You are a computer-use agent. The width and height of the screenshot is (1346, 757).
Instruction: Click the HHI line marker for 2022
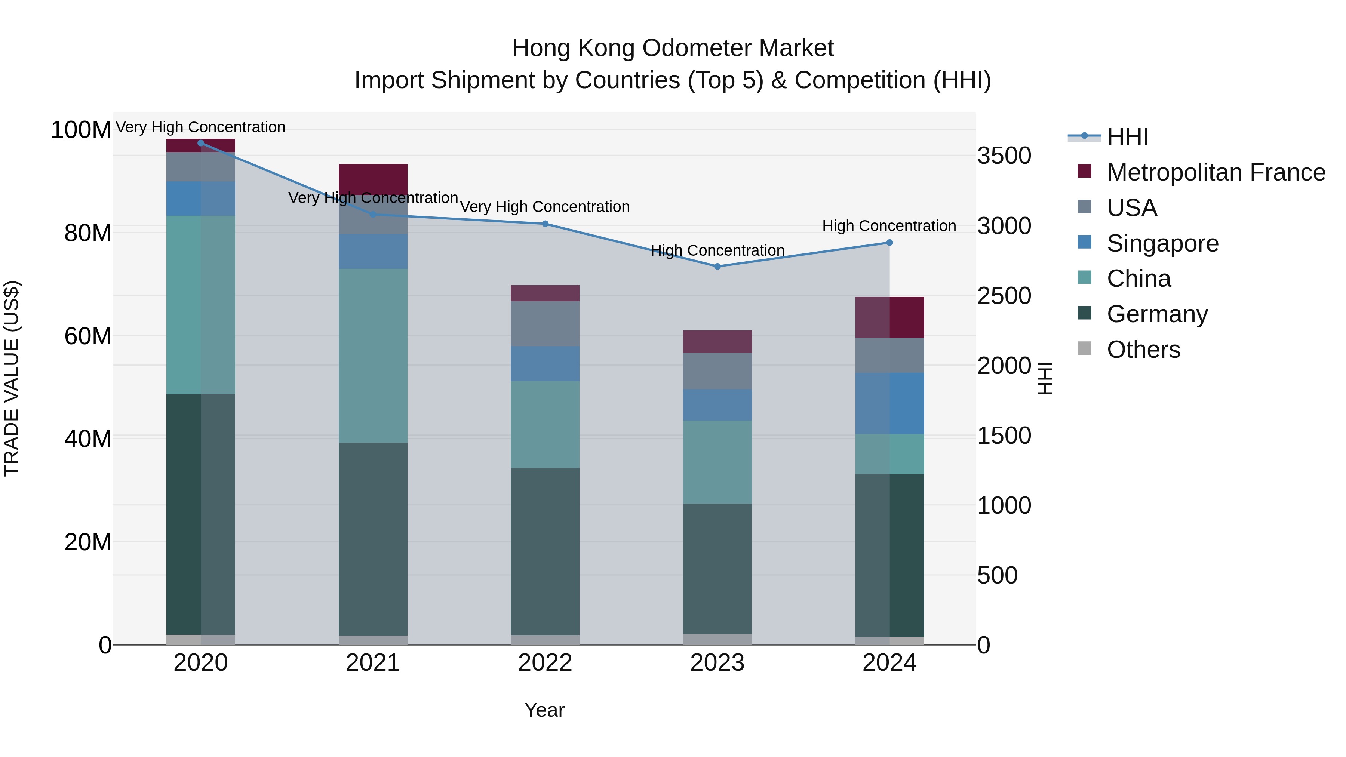click(x=545, y=224)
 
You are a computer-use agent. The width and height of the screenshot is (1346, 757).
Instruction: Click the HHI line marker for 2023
click(x=717, y=267)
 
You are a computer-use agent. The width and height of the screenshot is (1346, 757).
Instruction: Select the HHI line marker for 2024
click(x=889, y=242)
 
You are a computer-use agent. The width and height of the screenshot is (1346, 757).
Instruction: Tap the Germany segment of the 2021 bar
click(x=373, y=538)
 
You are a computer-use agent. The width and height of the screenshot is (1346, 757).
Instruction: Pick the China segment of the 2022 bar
click(x=545, y=424)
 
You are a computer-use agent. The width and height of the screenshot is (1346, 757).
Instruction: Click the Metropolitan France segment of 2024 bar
click(x=890, y=317)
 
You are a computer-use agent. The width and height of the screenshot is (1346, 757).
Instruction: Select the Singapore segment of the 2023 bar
click(x=717, y=404)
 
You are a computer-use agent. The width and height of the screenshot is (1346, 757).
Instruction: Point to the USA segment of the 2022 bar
click(x=545, y=323)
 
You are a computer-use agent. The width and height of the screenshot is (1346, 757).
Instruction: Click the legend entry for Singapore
click(x=1162, y=243)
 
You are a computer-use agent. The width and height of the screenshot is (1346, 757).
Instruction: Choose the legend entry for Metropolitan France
click(x=1216, y=172)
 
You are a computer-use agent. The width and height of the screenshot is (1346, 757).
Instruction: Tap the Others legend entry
click(x=1143, y=350)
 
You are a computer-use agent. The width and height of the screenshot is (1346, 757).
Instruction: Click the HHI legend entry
click(x=1127, y=137)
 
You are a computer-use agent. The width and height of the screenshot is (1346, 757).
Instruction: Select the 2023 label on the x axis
click(x=717, y=663)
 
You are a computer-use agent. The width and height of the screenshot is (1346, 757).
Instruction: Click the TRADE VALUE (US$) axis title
click(x=12, y=378)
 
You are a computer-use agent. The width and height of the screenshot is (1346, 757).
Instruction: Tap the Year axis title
click(x=544, y=710)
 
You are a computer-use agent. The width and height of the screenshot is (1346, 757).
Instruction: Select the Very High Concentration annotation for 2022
click(x=545, y=207)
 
